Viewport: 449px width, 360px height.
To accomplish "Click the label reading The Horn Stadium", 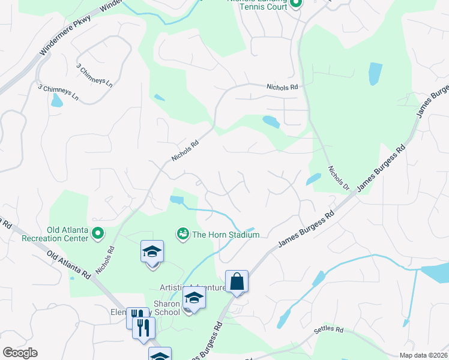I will (225, 235).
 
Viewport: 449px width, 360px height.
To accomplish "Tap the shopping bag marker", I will (237, 281).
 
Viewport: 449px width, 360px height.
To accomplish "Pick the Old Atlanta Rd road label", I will (68, 265).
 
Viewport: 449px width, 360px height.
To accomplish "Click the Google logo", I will (20, 353).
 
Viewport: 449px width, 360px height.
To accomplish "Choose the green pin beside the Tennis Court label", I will (295, 4).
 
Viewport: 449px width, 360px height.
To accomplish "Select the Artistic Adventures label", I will (192, 288).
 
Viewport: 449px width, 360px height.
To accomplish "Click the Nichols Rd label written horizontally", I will (282, 87).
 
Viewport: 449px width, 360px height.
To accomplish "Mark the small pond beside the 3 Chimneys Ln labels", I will (56, 100).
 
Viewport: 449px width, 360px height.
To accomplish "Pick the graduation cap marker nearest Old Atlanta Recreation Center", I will (152, 252).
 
